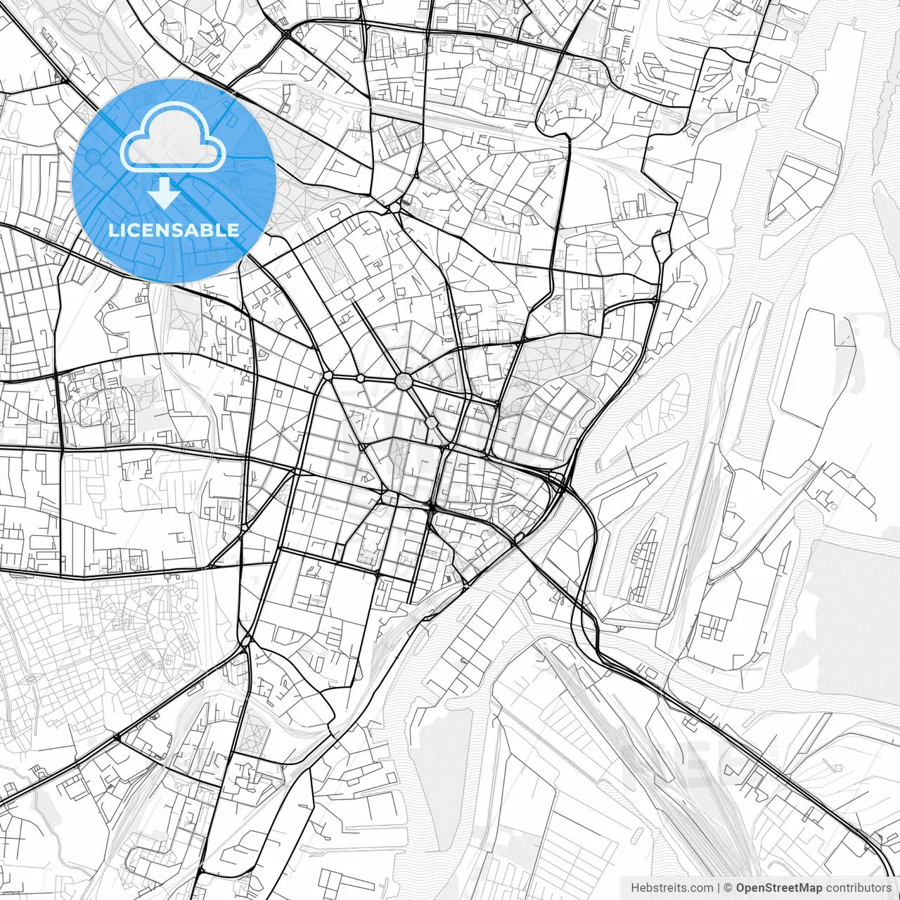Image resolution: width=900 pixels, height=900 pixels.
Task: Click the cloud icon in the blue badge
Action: click(173, 141)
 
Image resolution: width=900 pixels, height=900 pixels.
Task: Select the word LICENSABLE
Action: click(174, 230)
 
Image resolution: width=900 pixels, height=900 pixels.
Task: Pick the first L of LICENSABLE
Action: click(113, 230)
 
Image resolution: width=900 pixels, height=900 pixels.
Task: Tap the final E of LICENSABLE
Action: click(234, 230)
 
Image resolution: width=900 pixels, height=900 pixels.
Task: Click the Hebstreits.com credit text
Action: click(671, 888)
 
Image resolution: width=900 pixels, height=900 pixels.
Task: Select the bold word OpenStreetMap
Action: click(779, 888)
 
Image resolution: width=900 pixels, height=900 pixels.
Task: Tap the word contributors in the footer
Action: click(859, 888)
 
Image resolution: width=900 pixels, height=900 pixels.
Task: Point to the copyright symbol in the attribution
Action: click(728, 888)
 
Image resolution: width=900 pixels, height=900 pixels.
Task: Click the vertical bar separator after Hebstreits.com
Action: click(719, 888)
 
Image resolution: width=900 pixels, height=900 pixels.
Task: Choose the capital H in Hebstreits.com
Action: click(635, 888)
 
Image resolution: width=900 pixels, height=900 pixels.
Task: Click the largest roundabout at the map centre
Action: click(404, 381)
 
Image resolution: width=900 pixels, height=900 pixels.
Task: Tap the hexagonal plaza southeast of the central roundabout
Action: click(431, 423)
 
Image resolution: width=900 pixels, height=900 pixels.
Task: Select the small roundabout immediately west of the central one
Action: click(360, 378)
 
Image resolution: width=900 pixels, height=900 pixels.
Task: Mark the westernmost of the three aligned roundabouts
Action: click(328, 376)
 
